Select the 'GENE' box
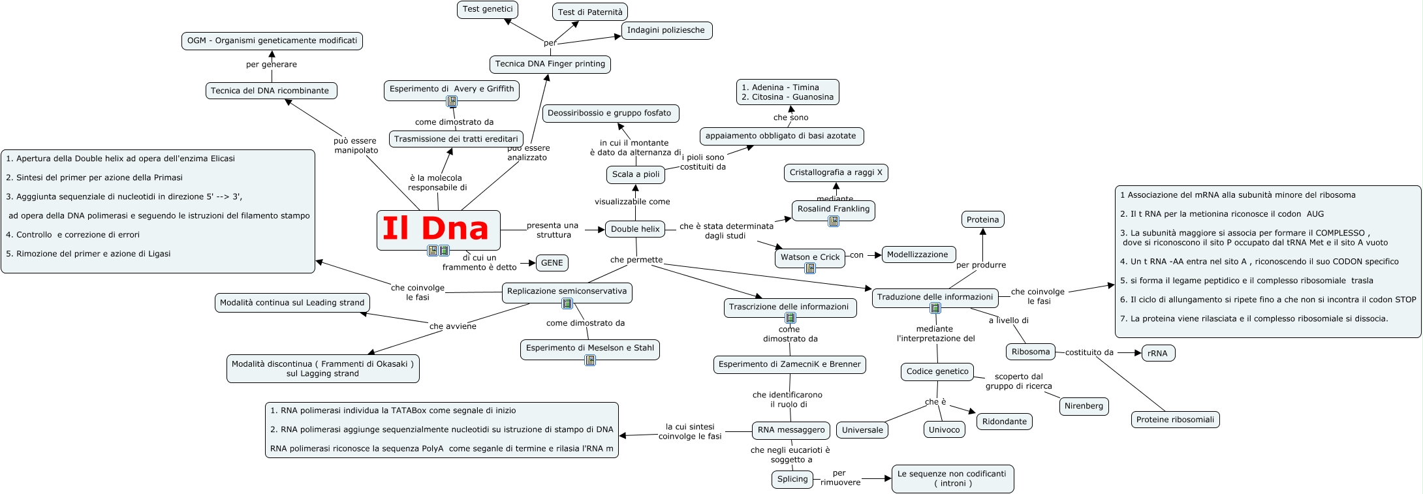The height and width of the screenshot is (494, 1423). pos(552,263)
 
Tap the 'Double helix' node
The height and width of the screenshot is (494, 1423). pos(635,229)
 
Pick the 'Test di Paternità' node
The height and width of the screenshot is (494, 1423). pos(590,12)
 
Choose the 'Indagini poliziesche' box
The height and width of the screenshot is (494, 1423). pos(666,30)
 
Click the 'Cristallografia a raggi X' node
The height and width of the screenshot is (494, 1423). pos(836,172)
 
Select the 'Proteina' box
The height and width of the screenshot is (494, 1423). pos(982,219)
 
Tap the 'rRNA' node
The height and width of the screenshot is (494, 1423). pos(1157,353)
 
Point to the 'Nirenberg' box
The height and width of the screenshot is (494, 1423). pos(1084,406)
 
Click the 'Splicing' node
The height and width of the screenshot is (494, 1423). pos(792,479)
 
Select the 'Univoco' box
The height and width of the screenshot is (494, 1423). pos(944,429)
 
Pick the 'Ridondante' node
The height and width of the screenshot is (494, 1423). pos(1004,422)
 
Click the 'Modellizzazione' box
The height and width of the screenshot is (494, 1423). pos(917,255)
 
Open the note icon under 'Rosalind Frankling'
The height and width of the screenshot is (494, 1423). pos(834,221)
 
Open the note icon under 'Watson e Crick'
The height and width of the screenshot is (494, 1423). pos(810,268)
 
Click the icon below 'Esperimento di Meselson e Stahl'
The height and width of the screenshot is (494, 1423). pos(590,360)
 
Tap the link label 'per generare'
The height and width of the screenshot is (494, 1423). pos(271,65)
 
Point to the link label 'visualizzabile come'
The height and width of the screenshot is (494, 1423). pos(632,202)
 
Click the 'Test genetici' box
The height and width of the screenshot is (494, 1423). pos(488,9)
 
